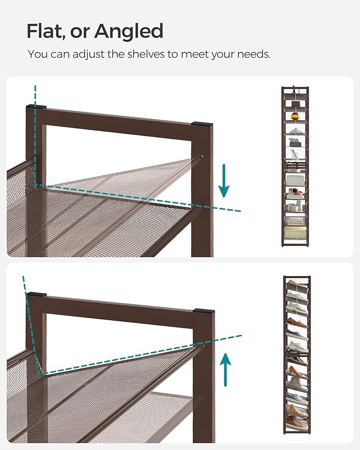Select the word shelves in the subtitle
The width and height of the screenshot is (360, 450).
point(140,54)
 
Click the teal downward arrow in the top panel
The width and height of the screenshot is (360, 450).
point(224,181)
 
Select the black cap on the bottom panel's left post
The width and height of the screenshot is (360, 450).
point(37,294)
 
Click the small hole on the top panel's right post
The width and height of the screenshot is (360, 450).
point(201,157)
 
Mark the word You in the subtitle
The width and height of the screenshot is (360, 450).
point(37,54)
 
